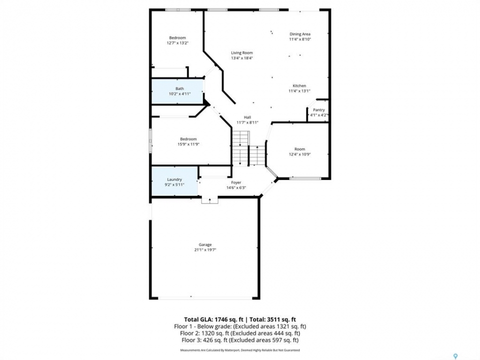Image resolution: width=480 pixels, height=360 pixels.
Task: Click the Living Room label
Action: pyautogui.click(x=242, y=53)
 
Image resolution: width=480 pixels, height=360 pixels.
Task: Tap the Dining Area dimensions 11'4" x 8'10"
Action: pyautogui.click(x=300, y=39)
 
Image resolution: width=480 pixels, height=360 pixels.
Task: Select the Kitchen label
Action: pyautogui.click(x=299, y=85)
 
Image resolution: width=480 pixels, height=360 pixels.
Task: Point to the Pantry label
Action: pyautogui.click(x=318, y=110)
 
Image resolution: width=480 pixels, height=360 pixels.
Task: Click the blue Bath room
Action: pyautogui.click(x=177, y=91)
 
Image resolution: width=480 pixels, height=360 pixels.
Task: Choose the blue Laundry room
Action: pyautogui.click(x=175, y=181)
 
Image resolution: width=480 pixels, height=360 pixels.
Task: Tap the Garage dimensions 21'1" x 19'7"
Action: pyautogui.click(x=205, y=250)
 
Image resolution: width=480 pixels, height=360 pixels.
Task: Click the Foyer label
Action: pyautogui.click(x=236, y=182)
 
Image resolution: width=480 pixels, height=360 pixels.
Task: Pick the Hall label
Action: pyautogui.click(x=247, y=117)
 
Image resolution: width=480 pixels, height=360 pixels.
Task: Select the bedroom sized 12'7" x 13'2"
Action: pyautogui.click(x=177, y=40)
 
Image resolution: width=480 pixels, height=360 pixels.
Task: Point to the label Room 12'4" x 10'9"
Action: pyautogui.click(x=299, y=152)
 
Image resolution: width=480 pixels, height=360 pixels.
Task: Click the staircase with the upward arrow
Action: pyautogui.click(x=257, y=155)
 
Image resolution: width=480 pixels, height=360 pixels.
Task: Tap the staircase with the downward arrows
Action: pyautogui.click(x=240, y=148)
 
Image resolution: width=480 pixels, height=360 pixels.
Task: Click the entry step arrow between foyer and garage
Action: pyautogui.click(x=209, y=200)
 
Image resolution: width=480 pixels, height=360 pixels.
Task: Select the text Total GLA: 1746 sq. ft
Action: pyautogui.click(x=213, y=320)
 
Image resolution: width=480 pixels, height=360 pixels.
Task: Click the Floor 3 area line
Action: pyautogui.click(x=240, y=340)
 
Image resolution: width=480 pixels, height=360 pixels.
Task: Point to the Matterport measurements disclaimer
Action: pyautogui.click(x=240, y=350)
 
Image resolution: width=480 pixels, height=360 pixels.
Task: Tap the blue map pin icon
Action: pyautogui.click(x=455, y=356)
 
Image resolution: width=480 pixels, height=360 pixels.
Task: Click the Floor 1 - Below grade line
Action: pyautogui.click(x=240, y=326)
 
